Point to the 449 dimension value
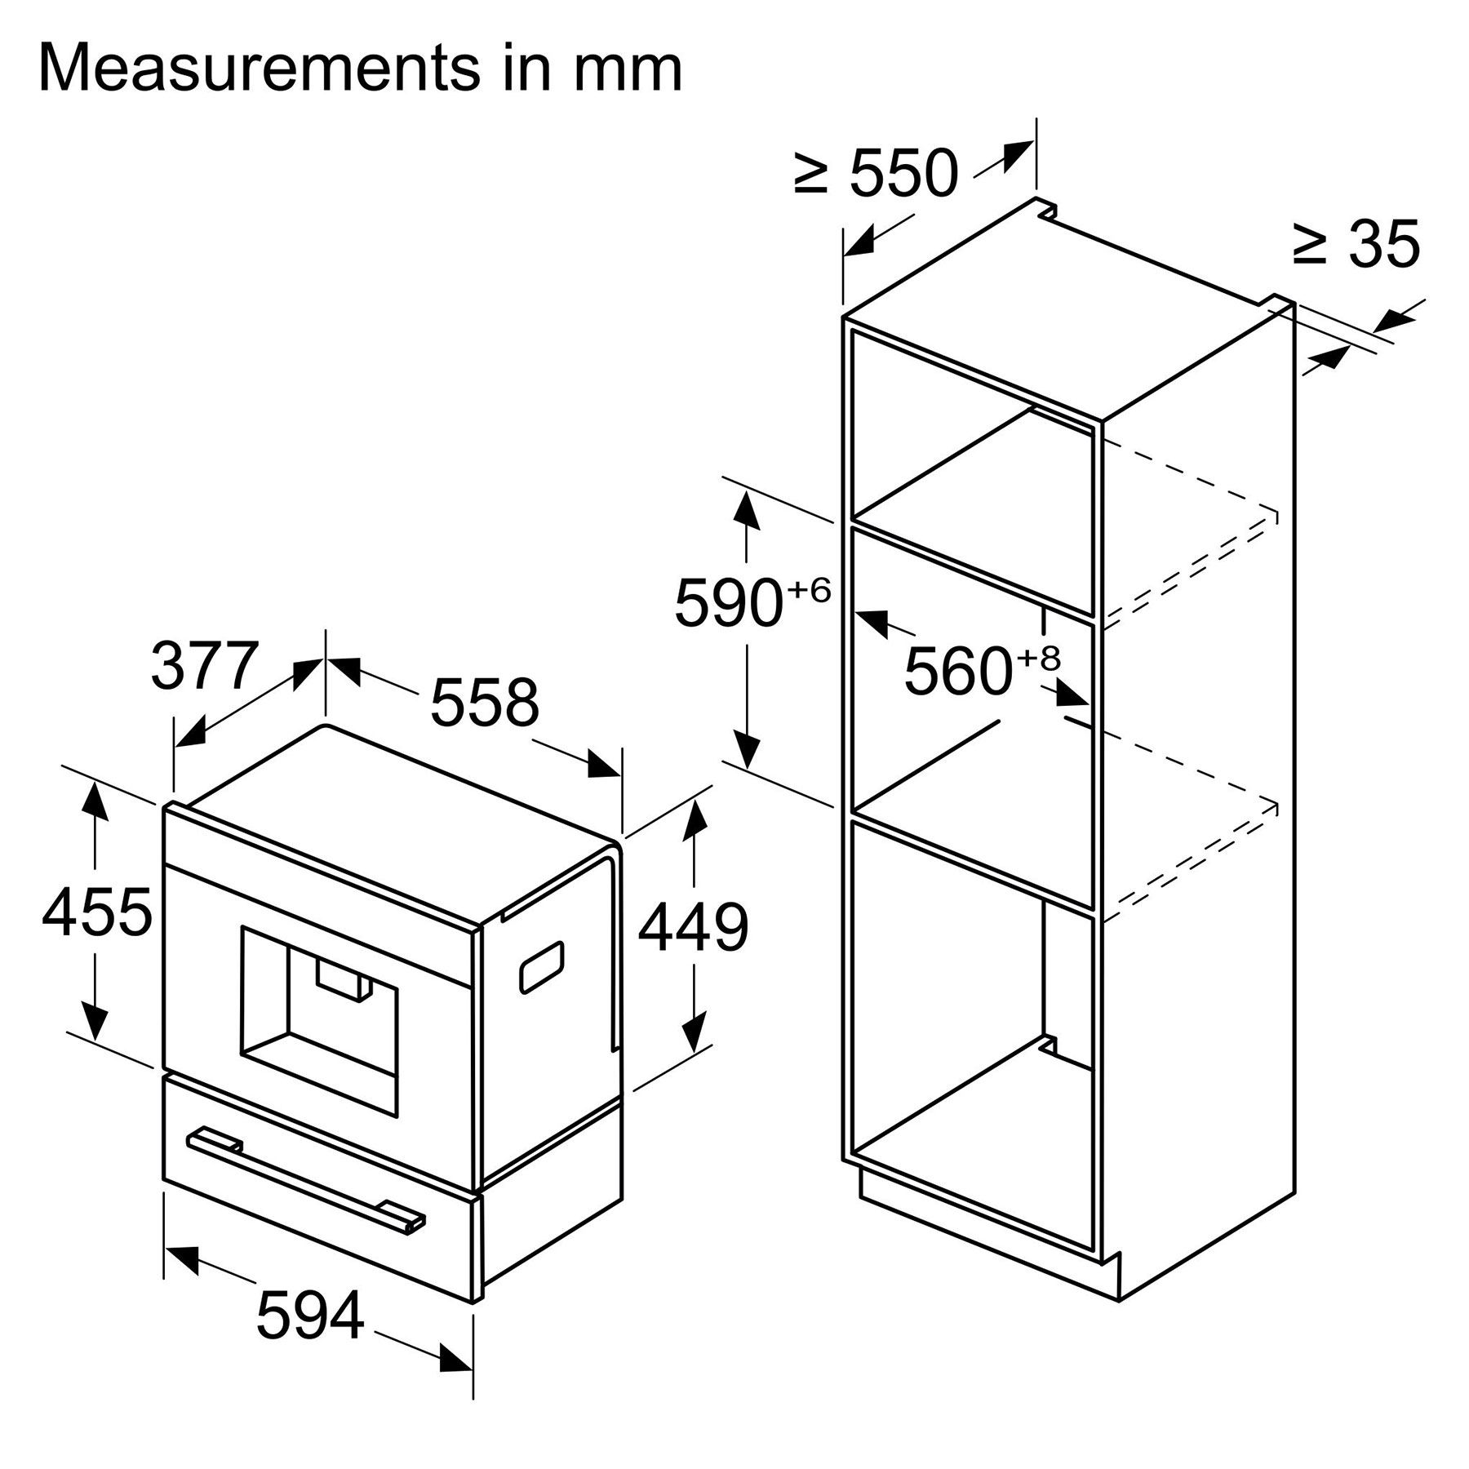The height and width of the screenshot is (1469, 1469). (693, 927)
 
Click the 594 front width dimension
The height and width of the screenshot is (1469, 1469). (310, 1315)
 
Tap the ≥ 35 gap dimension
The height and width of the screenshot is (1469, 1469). (1356, 242)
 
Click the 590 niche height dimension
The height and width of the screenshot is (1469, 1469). (729, 602)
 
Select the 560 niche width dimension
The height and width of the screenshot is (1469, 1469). (958, 671)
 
